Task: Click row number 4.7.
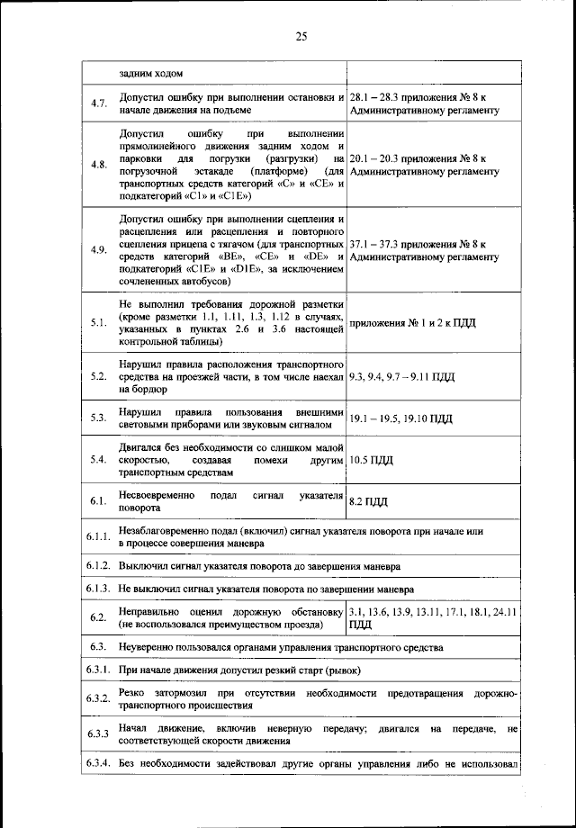coord(99,103)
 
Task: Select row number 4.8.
coord(99,165)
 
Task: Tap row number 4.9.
coord(99,250)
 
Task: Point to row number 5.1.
coord(99,321)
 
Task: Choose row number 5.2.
coord(99,375)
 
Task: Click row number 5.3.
coord(99,418)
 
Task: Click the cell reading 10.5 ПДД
coord(372,460)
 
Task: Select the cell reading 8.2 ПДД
coord(369,501)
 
